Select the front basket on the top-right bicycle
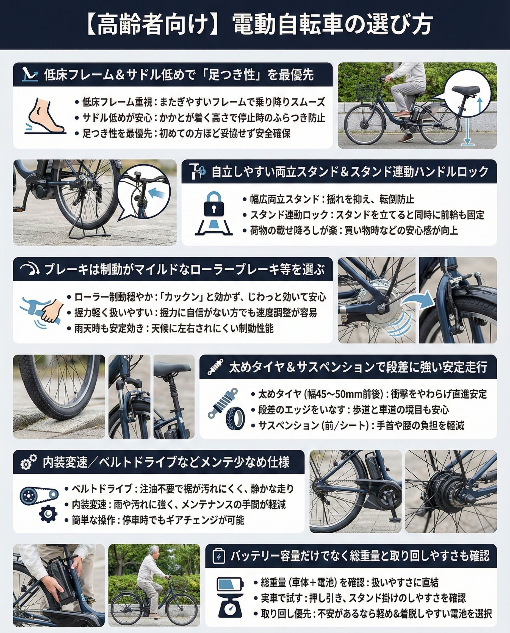(x=366, y=92)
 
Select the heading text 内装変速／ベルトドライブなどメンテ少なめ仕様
(x=166, y=462)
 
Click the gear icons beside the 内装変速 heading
(x=29, y=462)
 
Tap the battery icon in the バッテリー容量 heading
(x=218, y=556)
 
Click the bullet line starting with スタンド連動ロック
(x=364, y=215)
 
